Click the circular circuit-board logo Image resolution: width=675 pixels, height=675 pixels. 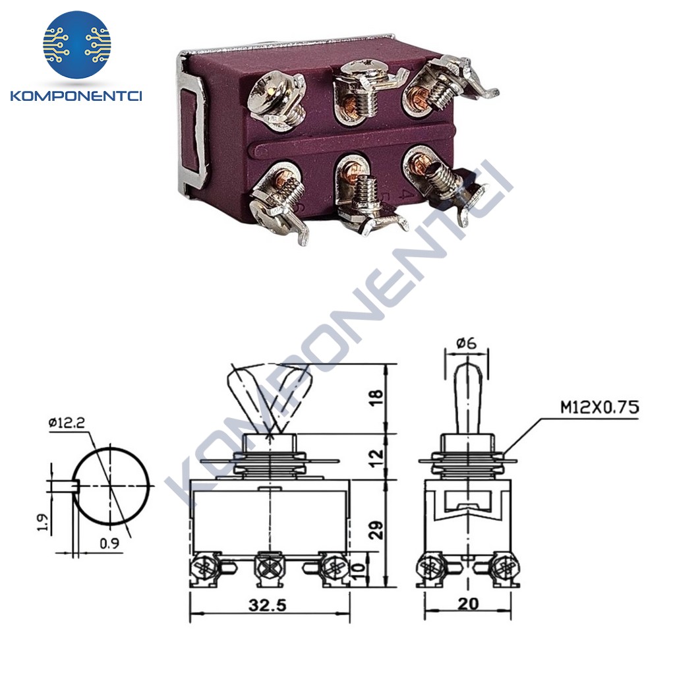(x=77, y=44)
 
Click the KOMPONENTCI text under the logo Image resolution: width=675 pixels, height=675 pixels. (x=76, y=96)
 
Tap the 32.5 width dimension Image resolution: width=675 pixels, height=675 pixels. (x=267, y=605)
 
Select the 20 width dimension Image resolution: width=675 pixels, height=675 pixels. (x=468, y=604)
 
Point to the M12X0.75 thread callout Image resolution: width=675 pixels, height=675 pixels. (x=600, y=407)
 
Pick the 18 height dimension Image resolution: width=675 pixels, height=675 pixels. (x=376, y=397)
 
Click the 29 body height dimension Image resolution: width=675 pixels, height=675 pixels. (x=376, y=530)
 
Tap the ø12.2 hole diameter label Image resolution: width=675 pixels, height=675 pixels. (x=67, y=423)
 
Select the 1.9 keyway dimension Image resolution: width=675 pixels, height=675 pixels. (x=43, y=521)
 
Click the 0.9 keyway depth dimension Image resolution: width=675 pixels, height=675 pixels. (x=109, y=543)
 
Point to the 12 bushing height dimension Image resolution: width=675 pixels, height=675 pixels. (x=376, y=458)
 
